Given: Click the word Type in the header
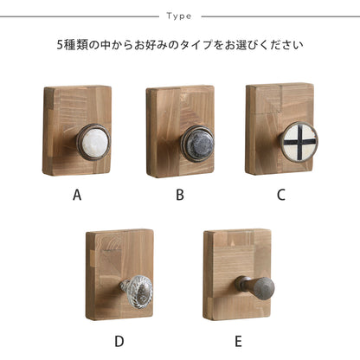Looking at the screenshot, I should tap(179, 16).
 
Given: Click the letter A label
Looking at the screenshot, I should tap(77, 196).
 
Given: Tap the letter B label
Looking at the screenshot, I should tap(180, 196).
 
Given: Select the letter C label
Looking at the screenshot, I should tap(280, 196).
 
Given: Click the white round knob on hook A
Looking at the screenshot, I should tap(91, 139).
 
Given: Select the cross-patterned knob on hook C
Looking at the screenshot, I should tap(299, 141).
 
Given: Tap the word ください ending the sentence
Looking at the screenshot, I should tap(287, 46).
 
